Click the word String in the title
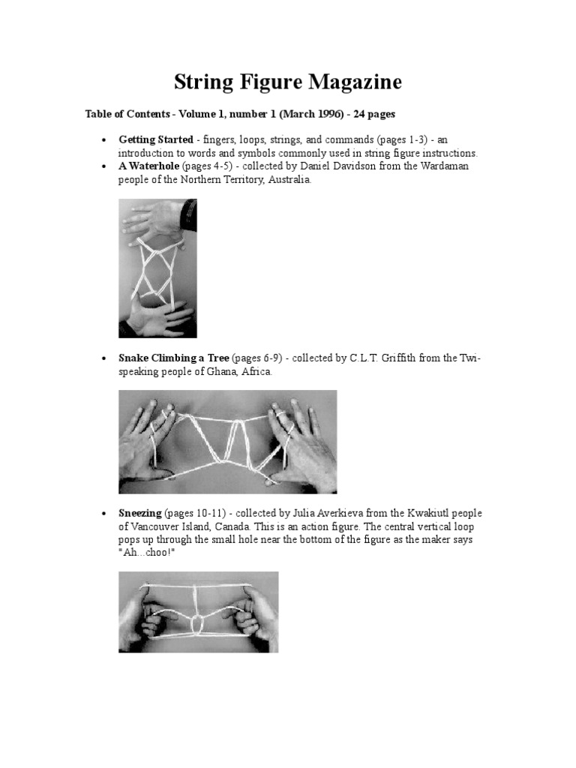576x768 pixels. (x=205, y=82)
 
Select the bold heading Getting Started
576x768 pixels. (x=156, y=139)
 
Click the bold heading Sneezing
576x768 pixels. (x=140, y=513)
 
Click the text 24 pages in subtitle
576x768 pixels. (x=369, y=114)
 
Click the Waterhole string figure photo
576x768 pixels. (x=157, y=268)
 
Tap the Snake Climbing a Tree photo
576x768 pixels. (x=227, y=442)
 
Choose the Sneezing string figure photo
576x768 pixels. (x=198, y=612)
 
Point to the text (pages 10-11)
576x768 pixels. (x=196, y=513)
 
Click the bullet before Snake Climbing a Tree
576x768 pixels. (x=103, y=358)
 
